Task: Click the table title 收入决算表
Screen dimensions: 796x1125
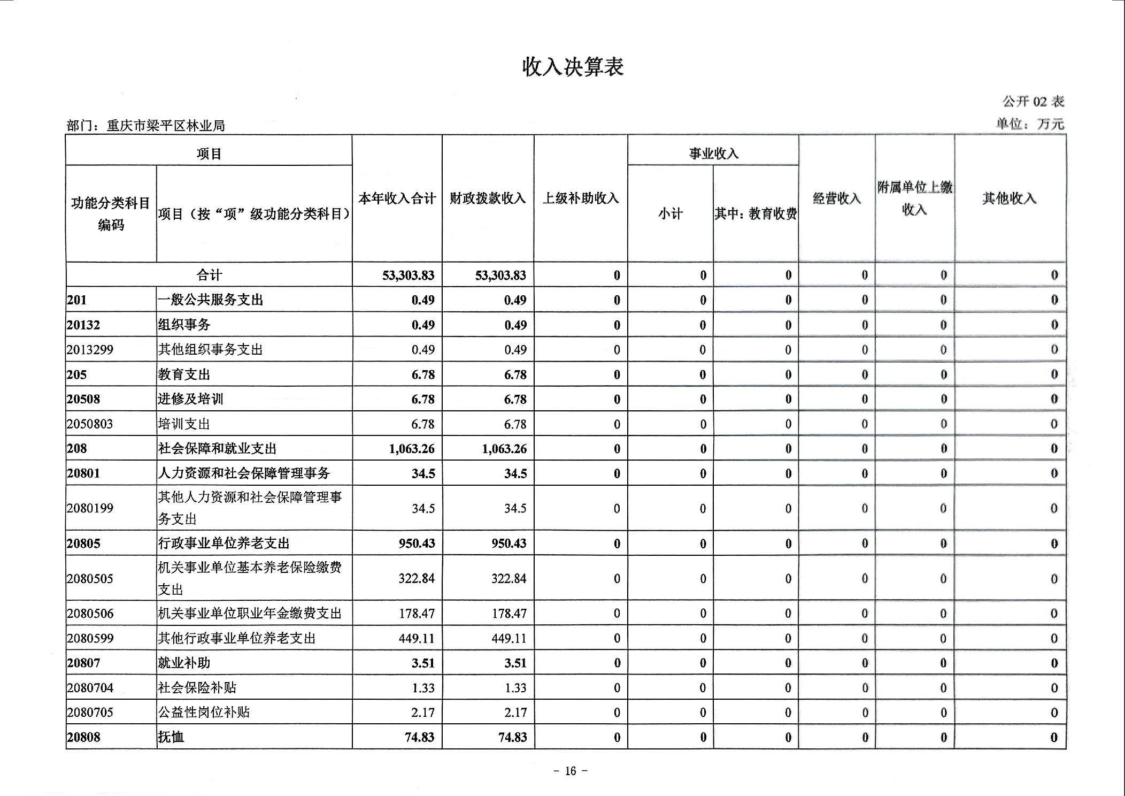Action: coord(573,67)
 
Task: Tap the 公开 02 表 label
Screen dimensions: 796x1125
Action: coord(1033,101)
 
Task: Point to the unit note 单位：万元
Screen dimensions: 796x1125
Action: coord(1030,124)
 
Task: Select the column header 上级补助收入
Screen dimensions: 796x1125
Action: coord(581,198)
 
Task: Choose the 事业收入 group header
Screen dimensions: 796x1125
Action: coord(713,154)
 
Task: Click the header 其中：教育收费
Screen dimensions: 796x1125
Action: coord(756,214)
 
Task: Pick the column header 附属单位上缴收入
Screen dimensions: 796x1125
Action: coord(914,198)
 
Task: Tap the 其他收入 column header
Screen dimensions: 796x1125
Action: coord(1010,198)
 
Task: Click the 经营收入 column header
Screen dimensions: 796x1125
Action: coord(837,198)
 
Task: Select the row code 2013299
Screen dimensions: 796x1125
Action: coord(90,350)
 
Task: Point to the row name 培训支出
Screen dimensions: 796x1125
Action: coord(184,424)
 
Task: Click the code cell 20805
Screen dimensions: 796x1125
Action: coord(83,544)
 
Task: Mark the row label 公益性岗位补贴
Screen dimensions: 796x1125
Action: coord(204,713)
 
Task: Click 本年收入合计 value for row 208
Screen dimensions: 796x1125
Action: coord(412,449)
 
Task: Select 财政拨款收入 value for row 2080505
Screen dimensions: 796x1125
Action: coord(508,579)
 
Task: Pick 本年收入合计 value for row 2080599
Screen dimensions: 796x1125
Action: coord(416,639)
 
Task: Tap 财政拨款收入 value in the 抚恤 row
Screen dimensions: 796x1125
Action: coord(512,738)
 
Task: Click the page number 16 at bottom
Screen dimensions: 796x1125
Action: coord(571,771)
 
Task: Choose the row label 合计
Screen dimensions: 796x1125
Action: coord(209,275)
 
